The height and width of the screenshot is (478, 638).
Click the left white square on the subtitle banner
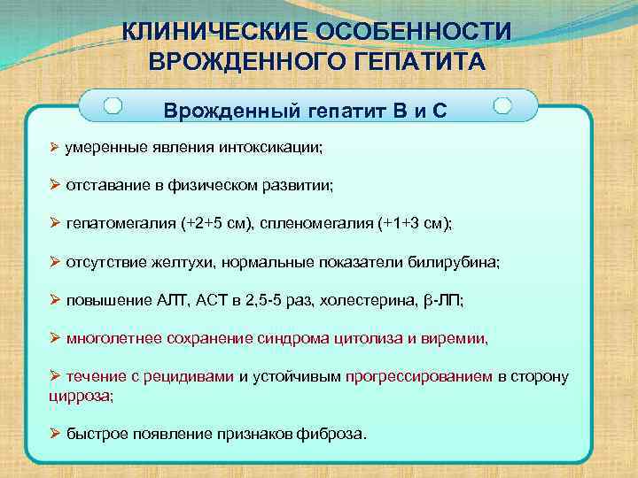tap(113, 106)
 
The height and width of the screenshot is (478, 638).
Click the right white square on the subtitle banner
tap(502, 106)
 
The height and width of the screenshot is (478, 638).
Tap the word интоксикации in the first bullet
tap(279, 148)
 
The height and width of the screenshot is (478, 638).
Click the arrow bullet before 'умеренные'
tap(54, 148)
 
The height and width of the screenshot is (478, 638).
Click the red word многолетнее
tap(110, 338)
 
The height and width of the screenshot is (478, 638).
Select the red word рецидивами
tap(188, 376)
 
